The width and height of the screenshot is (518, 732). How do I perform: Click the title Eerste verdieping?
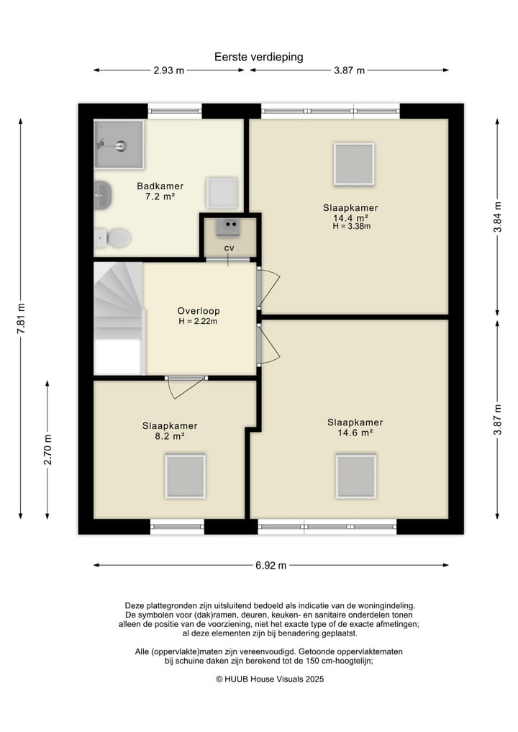258,57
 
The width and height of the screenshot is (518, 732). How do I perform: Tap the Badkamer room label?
160,186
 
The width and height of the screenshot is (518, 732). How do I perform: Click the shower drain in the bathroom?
122,145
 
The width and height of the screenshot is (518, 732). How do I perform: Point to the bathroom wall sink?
103,195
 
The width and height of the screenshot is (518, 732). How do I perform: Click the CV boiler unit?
229,227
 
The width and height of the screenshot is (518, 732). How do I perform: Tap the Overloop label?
199,311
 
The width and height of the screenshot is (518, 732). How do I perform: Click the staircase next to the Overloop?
119,318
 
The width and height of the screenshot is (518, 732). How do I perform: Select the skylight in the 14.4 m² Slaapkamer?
354,164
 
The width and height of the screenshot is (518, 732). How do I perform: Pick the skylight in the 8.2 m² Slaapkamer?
186,476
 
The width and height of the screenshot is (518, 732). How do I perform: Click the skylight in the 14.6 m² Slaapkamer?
356,476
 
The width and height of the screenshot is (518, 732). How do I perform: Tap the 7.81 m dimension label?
21,318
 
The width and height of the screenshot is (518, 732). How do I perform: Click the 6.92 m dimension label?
271,565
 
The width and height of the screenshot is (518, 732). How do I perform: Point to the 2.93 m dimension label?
169,71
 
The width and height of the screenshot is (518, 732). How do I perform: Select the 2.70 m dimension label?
47,450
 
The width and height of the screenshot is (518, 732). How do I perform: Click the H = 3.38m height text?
352,227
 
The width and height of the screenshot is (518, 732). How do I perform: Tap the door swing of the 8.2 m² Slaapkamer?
186,387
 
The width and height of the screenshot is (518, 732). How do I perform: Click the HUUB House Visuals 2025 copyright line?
270,679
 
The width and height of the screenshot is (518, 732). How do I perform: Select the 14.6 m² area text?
355,433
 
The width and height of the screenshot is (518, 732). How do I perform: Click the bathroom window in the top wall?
175,111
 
